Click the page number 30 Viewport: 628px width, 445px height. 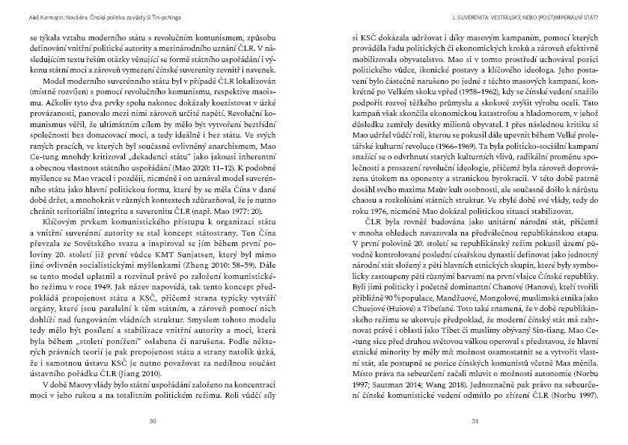click(x=153, y=420)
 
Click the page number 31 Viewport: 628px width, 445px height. click(x=475, y=420)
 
